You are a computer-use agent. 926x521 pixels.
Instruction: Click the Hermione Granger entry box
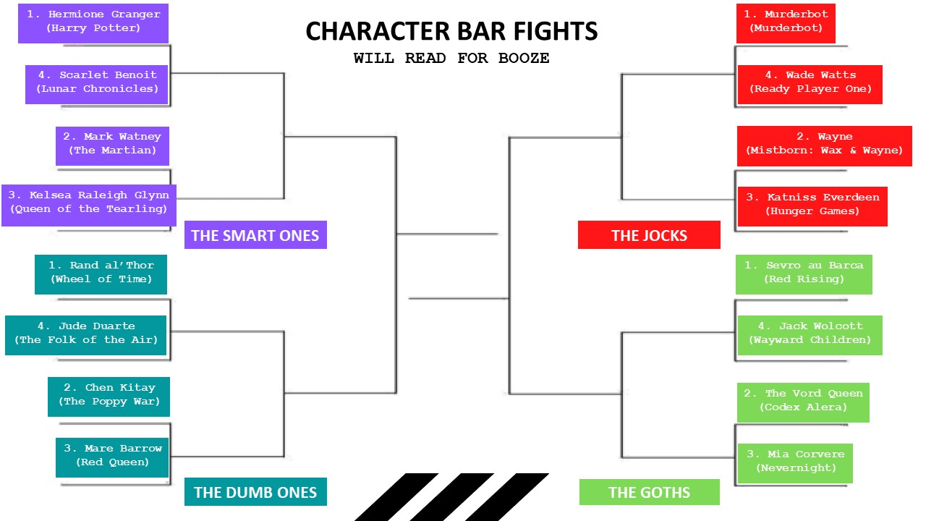(93, 22)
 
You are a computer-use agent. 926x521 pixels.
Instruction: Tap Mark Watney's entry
(112, 144)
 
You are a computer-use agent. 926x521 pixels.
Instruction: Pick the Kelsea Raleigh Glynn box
(89, 203)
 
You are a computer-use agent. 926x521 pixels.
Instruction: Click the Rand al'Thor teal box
(101, 273)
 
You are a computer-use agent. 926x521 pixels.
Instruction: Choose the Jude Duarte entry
(86, 334)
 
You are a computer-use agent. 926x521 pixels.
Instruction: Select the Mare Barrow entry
(112, 456)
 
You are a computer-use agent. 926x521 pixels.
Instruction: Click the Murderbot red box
(786, 22)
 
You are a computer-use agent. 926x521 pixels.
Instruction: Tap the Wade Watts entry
(810, 82)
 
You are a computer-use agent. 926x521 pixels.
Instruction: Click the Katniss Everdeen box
(812, 205)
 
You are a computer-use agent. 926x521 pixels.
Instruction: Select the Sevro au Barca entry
(804, 273)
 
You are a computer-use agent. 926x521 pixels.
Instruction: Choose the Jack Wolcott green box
(810, 334)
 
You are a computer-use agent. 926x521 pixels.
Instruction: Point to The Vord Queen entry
(803, 401)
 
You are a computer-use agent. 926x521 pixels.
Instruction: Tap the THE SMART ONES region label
(255, 236)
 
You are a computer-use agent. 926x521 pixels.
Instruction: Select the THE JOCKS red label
(649, 236)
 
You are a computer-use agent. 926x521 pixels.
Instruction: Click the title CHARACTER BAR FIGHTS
(451, 32)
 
